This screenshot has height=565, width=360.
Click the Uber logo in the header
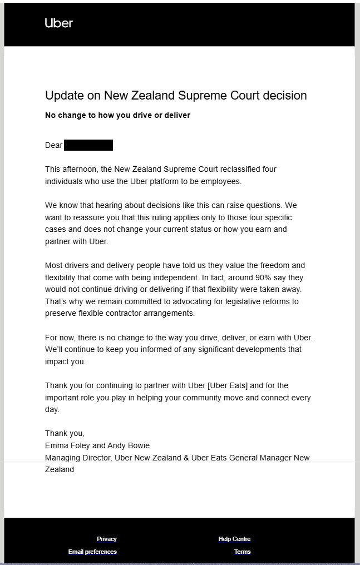(x=58, y=23)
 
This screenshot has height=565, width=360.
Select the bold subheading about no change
(x=117, y=115)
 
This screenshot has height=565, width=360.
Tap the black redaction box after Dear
(x=88, y=146)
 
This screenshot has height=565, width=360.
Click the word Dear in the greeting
(x=53, y=146)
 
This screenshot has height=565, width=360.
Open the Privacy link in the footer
(x=107, y=539)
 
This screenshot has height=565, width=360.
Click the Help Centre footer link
(x=234, y=539)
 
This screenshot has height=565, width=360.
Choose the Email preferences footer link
(x=92, y=552)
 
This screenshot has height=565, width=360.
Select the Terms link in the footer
(x=242, y=552)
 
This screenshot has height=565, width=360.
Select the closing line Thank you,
(x=65, y=433)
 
